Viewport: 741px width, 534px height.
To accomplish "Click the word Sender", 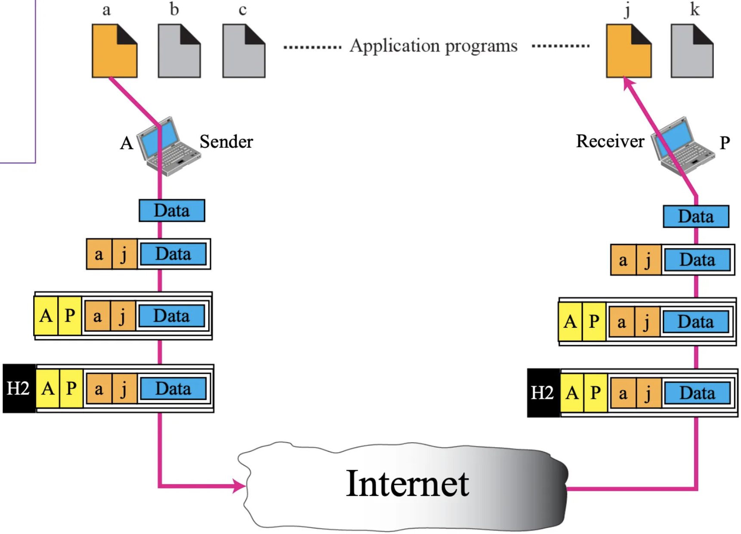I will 226,142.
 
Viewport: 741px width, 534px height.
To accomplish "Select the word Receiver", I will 610,141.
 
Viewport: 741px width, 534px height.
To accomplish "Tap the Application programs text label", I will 433,46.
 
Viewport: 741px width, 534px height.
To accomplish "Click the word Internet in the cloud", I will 407,484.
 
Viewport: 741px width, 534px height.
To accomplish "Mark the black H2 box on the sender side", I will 19,388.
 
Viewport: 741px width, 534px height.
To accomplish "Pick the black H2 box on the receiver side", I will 543,393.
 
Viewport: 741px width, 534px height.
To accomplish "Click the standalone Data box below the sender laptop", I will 172,211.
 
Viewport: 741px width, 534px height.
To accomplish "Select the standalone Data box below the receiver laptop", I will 696,217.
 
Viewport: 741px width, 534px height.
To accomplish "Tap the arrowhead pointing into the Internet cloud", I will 239,486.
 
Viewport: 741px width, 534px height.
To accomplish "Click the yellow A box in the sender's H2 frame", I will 48,389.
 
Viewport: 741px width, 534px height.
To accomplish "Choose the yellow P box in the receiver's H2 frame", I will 596,393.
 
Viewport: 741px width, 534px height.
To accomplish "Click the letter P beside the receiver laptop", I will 725,143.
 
